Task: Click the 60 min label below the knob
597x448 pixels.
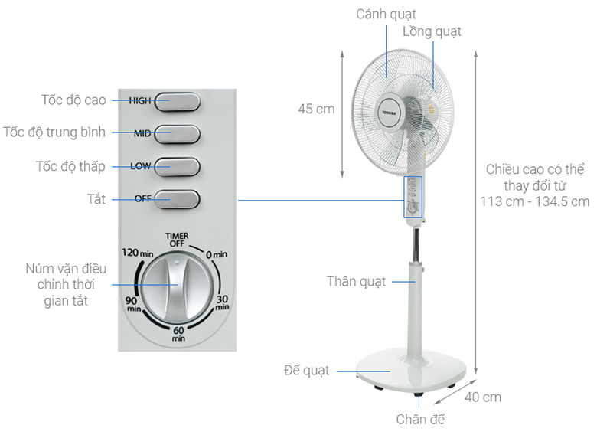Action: point(178,334)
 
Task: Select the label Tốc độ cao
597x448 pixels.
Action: point(73,100)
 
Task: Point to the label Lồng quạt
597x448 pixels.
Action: point(432,31)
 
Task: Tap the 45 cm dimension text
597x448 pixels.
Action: point(316,109)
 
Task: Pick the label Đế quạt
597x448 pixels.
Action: point(306,371)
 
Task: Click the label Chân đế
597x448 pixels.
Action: point(420,419)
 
